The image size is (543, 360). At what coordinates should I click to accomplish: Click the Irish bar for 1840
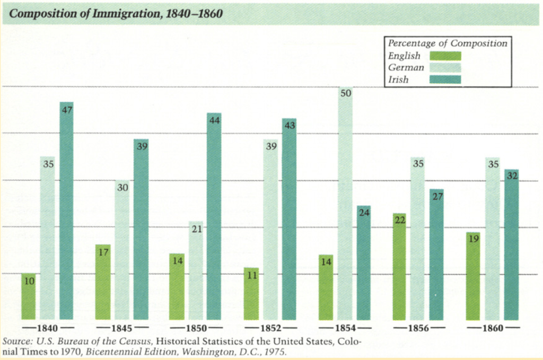pos(66,212)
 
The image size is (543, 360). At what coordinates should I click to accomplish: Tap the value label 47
pos(67,110)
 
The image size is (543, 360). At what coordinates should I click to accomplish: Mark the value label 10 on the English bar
pos(29,281)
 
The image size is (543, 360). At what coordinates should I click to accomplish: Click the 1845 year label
pos(122,328)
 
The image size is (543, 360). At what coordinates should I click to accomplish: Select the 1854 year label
pos(345,328)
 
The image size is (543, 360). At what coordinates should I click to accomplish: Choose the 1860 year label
pos(493,328)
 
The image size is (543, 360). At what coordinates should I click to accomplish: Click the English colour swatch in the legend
pos(445,56)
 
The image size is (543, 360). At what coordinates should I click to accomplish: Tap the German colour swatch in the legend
pos(445,67)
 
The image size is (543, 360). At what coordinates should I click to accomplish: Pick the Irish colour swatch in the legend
pos(445,80)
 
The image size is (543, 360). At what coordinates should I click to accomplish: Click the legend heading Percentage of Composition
pos(448,43)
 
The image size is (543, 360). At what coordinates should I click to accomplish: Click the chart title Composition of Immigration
pos(116,13)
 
